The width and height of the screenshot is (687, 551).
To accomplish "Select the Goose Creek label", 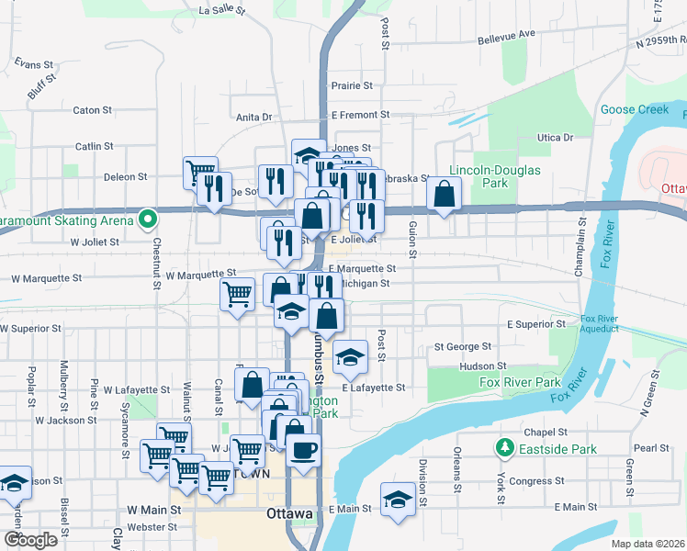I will click(635, 109).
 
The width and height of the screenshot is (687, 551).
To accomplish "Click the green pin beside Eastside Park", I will click(504, 448).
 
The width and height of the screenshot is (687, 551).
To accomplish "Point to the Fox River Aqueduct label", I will click(606, 324).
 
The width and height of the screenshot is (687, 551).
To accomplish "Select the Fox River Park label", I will click(520, 382).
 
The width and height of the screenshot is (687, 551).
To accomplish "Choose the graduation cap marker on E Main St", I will click(398, 500).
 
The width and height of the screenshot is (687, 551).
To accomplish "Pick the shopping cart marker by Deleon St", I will click(199, 171).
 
